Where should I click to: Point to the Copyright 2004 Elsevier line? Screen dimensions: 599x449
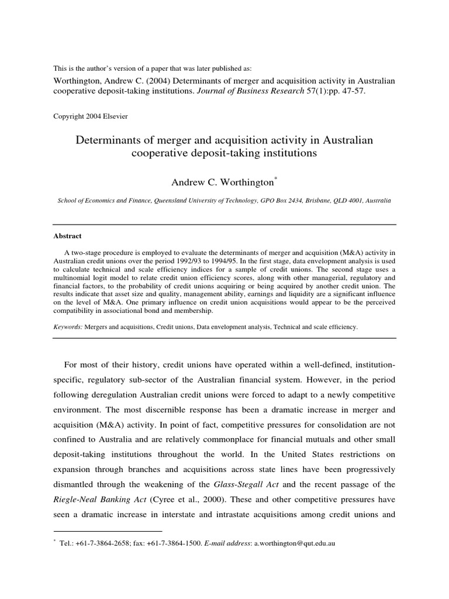click(x=90, y=116)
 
